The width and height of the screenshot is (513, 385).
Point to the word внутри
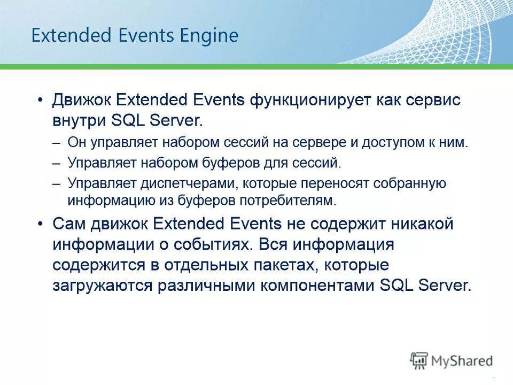pyautogui.click(x=79, y=120)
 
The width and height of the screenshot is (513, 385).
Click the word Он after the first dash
pyautogui.click(x=76, y=143)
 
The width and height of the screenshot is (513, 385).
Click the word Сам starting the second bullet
pyautogui.click(x=68, y=224)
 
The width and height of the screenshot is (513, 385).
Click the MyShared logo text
pyautogui.click(x=461, y=361)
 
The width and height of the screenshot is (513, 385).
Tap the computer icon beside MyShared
pyautogui.click(x=419, y=360)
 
